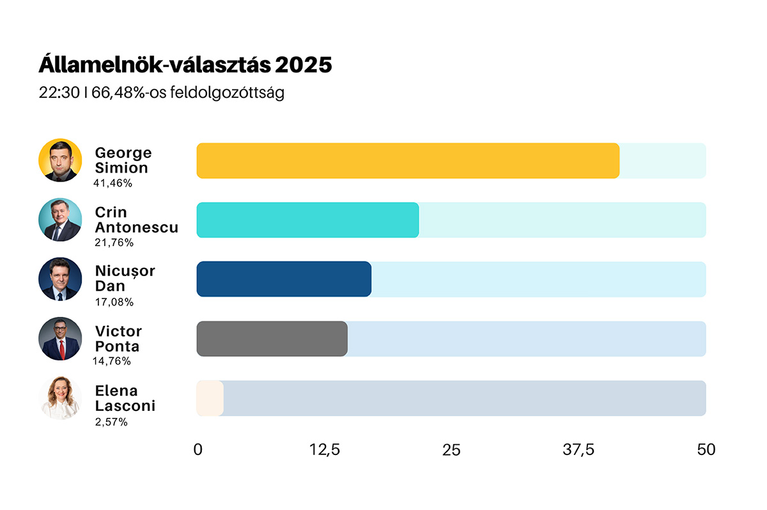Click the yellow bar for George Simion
click(408, 160)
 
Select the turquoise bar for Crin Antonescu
click(307, 220)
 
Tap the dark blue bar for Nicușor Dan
click(284, 279)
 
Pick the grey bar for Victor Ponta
click(272, 339)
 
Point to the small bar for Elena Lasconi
click(210, 398)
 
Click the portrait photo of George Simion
click(60, 160)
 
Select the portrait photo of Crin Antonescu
click(60, 220)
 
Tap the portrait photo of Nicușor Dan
click(60, 279)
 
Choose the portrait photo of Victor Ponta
click(60, 339)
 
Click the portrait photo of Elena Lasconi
click(60, 398)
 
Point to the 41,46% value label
click(112, 183)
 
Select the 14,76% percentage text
click(112, 361)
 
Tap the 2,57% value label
click(111, 421)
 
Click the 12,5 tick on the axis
click(325, 450)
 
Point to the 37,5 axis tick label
click(578, 450)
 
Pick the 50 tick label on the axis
click(706, 450)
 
